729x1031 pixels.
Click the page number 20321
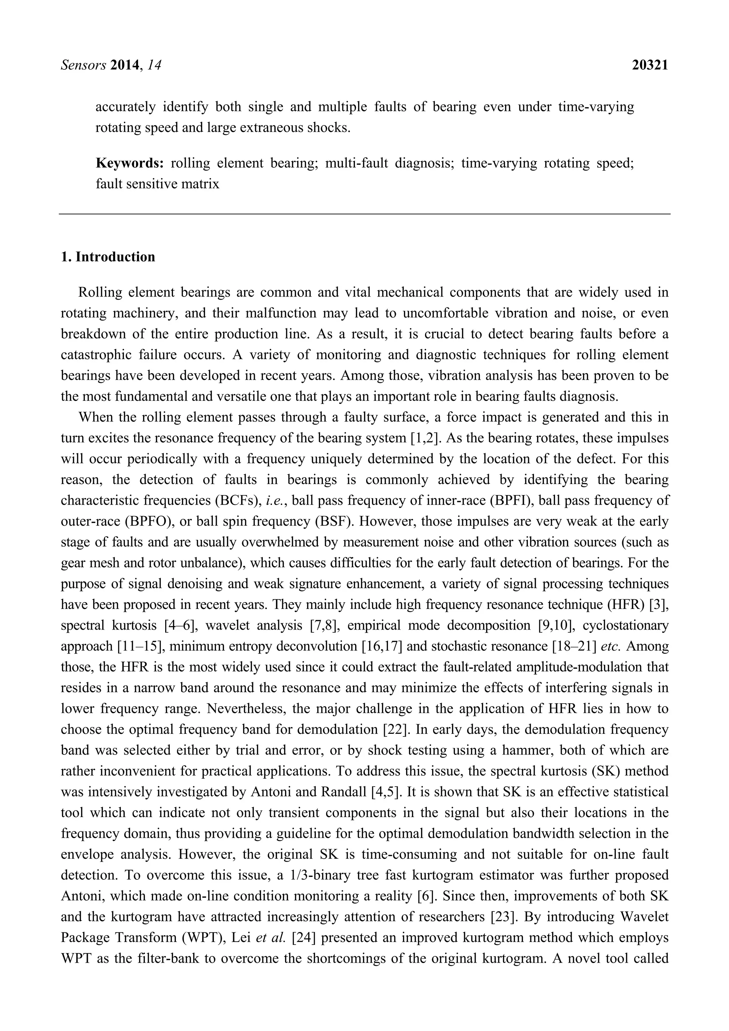point(650,65)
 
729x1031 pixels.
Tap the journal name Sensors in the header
point(83,65)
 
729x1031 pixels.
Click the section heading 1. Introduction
point(108,257)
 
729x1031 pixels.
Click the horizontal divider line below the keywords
point(364,214)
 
